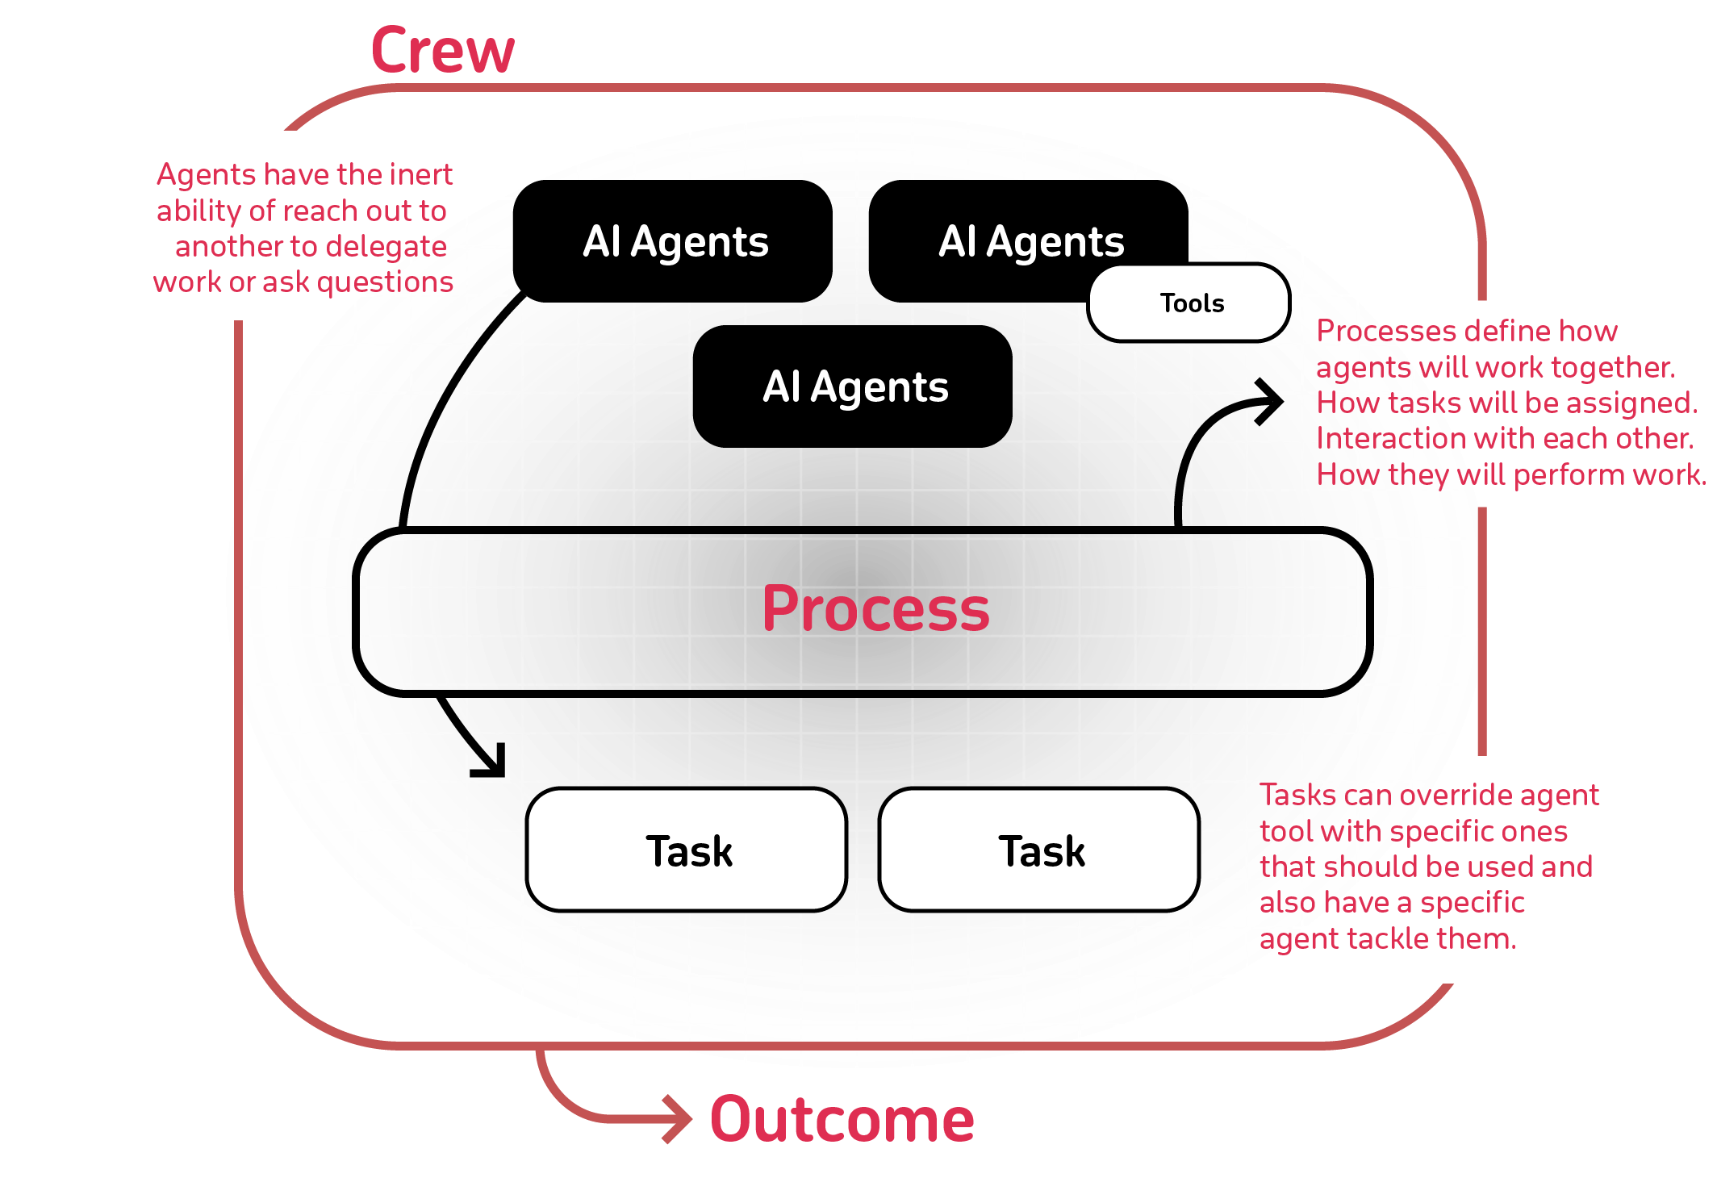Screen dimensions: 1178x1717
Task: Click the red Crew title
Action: tap(442, 50)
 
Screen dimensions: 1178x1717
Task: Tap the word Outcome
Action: tap(842, 1120)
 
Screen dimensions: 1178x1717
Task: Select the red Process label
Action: tap(875, 608)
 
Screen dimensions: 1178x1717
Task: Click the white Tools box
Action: tap(1190, 303)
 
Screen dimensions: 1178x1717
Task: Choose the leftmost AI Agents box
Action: tap(673, 241)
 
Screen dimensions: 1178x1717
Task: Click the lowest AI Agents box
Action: tap(853, 386)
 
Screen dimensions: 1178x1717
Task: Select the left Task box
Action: tap(687, 850)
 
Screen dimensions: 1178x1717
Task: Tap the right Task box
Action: tap(1040, 850)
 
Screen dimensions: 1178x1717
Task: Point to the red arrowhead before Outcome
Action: tap(678, 1118)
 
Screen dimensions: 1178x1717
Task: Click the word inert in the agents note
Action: tap(421, 174)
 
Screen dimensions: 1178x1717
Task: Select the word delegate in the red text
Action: tap(395, 246)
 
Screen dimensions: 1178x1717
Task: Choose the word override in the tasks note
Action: tap(1456, 795)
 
